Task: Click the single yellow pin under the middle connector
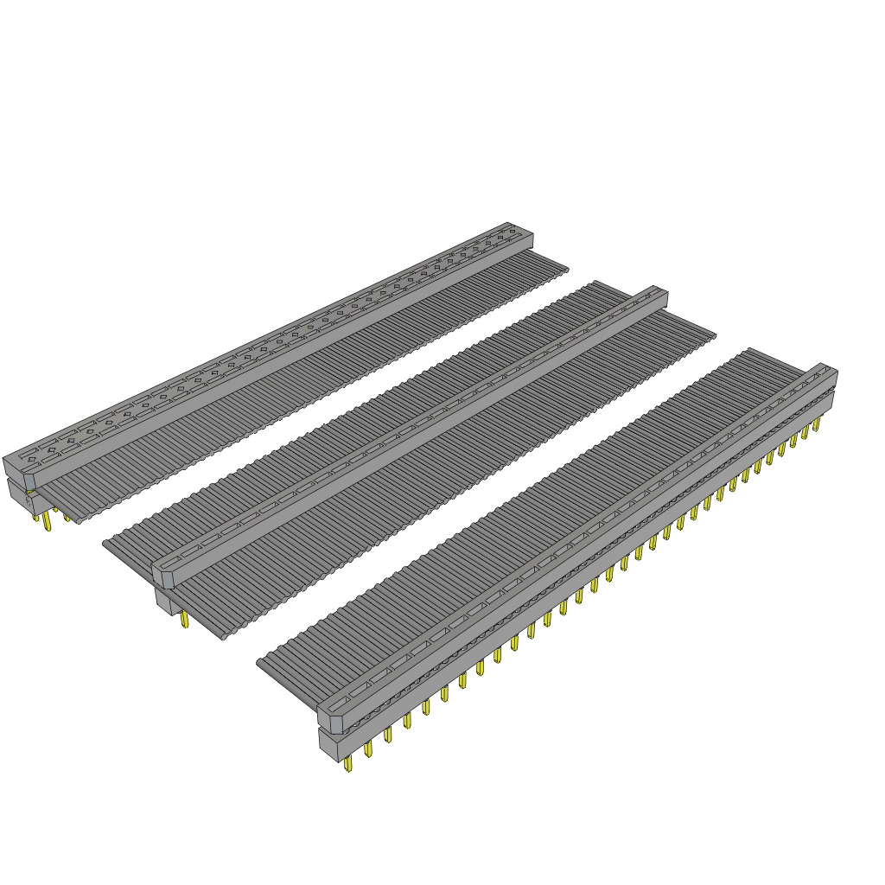[184, 619]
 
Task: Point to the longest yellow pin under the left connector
[47, 523]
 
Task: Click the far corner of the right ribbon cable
[748, 350]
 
